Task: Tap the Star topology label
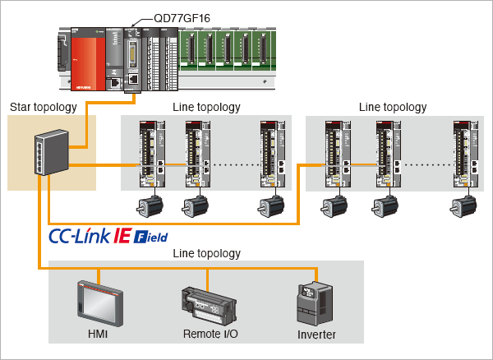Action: (43, 107)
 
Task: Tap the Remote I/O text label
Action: (210, 335)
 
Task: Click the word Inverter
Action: (317, 335)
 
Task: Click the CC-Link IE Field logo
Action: (108, 237)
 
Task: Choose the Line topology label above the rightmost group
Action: (393, 107)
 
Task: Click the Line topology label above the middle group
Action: (206, 107)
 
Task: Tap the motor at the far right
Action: (462, 207)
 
